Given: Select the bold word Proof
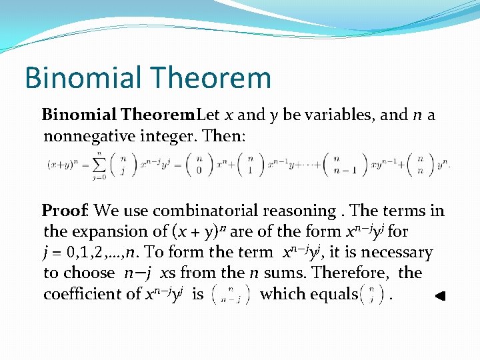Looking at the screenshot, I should (65, 211).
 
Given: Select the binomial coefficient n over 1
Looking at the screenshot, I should (250, 164).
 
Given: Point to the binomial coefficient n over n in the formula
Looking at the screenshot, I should (419, 164).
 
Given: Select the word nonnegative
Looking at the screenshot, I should (89, 137).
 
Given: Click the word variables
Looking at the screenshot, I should (339, 115).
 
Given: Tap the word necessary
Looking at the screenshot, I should (394, 253).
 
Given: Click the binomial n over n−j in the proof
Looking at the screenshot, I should (229, 294).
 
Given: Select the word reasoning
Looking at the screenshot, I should (299, 211).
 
